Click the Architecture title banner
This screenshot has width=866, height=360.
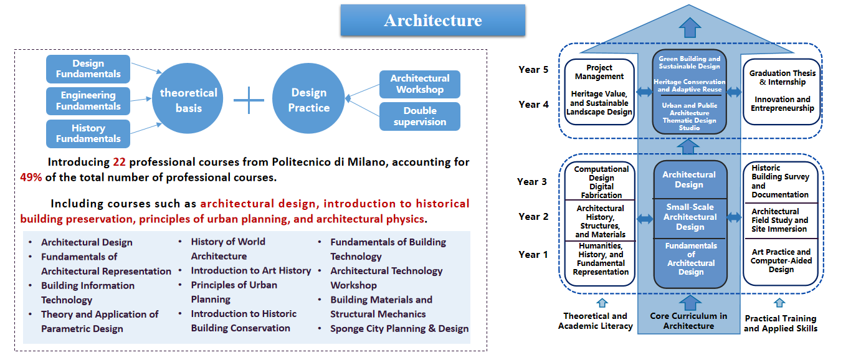[x=432, y=20]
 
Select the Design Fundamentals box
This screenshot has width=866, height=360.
[x=88, y=69]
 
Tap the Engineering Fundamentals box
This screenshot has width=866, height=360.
[x=88, y=101]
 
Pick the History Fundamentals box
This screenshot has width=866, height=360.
[x=88, y=133]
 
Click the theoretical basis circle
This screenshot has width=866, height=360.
[x=188, y=98]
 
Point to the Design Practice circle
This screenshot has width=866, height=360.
[x=308, y=98]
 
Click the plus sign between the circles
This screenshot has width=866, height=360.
[x=249, y=100]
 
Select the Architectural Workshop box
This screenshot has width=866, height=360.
[x=420, y=84]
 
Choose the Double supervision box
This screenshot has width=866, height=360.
[x=420, y=116]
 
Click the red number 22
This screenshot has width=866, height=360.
[x=119, y=162]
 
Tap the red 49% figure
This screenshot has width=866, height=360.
[x=31, y=178]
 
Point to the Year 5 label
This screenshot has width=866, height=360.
[x=533, y=70]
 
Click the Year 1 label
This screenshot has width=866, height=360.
[x=533, y=255]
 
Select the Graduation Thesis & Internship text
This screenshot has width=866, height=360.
[x=783, y=77]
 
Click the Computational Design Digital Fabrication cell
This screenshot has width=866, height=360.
[x=601, y=182]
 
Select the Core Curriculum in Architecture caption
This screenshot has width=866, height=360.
[x=688, y=321]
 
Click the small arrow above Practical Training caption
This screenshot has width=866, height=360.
[x=779, y=303]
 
